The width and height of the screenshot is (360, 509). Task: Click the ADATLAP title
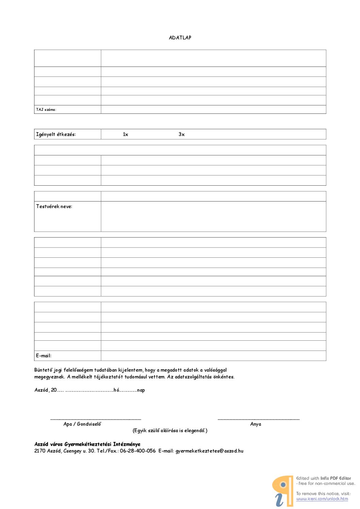(x=180, y=38)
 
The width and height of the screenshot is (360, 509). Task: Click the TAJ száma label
(x=46, y=109)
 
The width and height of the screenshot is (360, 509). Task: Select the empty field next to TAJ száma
(x=213, y=109)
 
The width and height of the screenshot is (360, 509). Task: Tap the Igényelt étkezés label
(x=56, y=134)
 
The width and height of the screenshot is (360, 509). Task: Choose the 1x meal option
(x=126, y=134)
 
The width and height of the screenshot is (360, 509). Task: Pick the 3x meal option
(x=181, y=134)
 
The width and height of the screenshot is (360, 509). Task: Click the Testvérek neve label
(x=54, y=206)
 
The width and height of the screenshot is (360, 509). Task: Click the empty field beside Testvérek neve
(x=213, y=217)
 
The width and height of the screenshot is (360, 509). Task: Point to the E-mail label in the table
(x=44, y=356)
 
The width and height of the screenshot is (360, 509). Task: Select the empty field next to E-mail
(x=213, y=356)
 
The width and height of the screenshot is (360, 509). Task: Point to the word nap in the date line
(x=141, y=390)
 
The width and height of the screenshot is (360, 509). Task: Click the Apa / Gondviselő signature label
(x=82, y=424)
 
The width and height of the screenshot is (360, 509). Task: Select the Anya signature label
(x=256, y=424)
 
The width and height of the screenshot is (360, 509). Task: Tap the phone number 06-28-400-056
(x=137, y=451)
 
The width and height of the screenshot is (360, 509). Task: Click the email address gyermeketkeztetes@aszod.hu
(x=209, y=451)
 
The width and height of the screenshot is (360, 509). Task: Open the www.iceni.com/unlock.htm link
(x=322, y=499)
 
